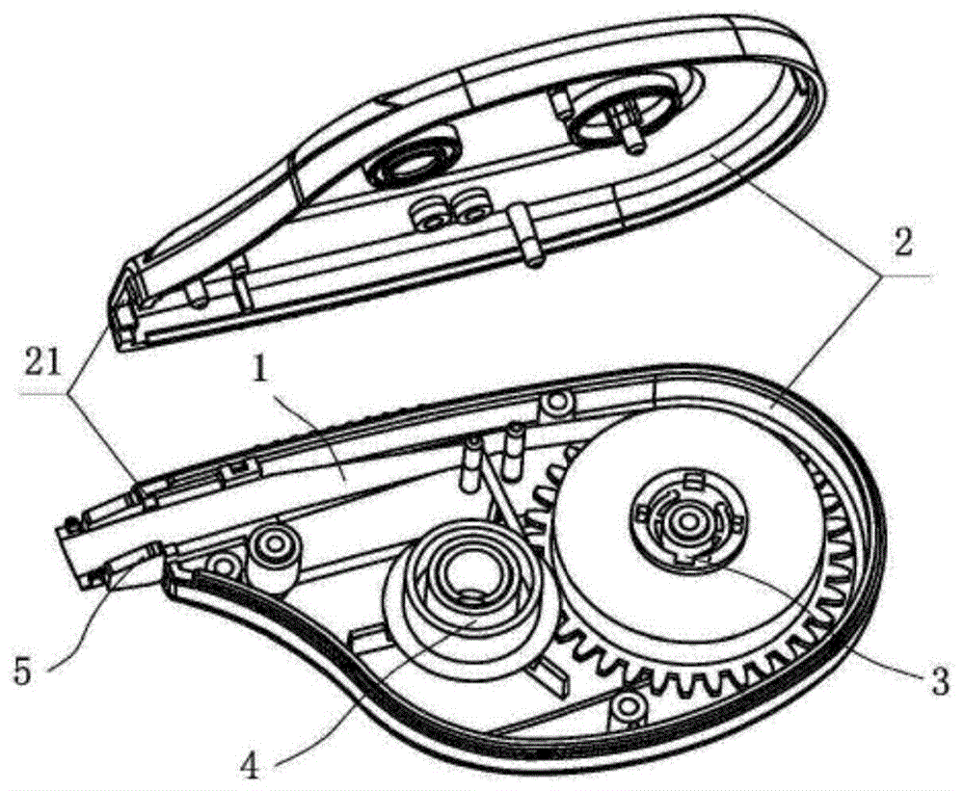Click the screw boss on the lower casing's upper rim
click(x=558, y=404)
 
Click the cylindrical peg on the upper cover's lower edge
click(x=524, y=236)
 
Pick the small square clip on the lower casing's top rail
click(x=237, y=471)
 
